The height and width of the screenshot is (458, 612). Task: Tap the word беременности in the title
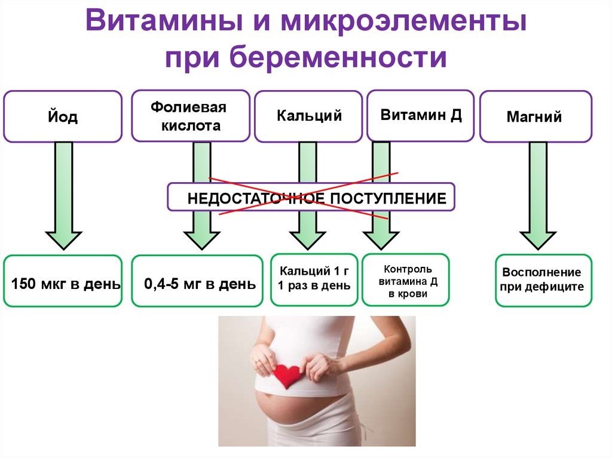pos(339,57)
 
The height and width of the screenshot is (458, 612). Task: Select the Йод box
pos(63,116)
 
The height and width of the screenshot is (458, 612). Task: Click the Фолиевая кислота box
pos(191,116)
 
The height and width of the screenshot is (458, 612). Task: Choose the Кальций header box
pos(308,116)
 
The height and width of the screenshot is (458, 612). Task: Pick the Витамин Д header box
pos(420,115)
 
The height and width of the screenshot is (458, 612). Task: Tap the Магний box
pos(535,116)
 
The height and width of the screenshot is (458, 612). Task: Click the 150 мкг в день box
pos(63,281)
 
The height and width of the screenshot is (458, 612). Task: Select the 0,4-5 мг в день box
pos(197,281)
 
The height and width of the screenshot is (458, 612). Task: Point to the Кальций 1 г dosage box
pos(314,279)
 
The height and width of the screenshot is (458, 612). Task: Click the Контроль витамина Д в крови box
pos(406,279)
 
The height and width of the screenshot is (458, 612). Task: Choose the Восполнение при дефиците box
pos(544,280)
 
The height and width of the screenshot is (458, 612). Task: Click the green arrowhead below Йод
pos(63,240)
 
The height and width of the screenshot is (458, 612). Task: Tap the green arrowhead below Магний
pos(538,240)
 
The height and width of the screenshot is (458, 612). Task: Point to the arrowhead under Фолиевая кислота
pos(202,240)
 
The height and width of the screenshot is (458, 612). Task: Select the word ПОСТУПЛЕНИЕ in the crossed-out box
pos(388,199)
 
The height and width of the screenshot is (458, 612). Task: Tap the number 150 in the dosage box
pos(24,284)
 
